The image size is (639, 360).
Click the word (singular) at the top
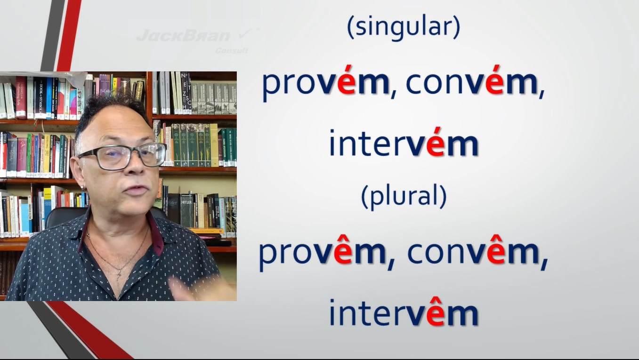point(404,27)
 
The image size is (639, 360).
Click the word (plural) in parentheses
point(404,196)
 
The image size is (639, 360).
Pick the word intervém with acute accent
point(404,143)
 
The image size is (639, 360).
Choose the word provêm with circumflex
point(322,253)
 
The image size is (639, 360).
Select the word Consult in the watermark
point(232,51)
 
